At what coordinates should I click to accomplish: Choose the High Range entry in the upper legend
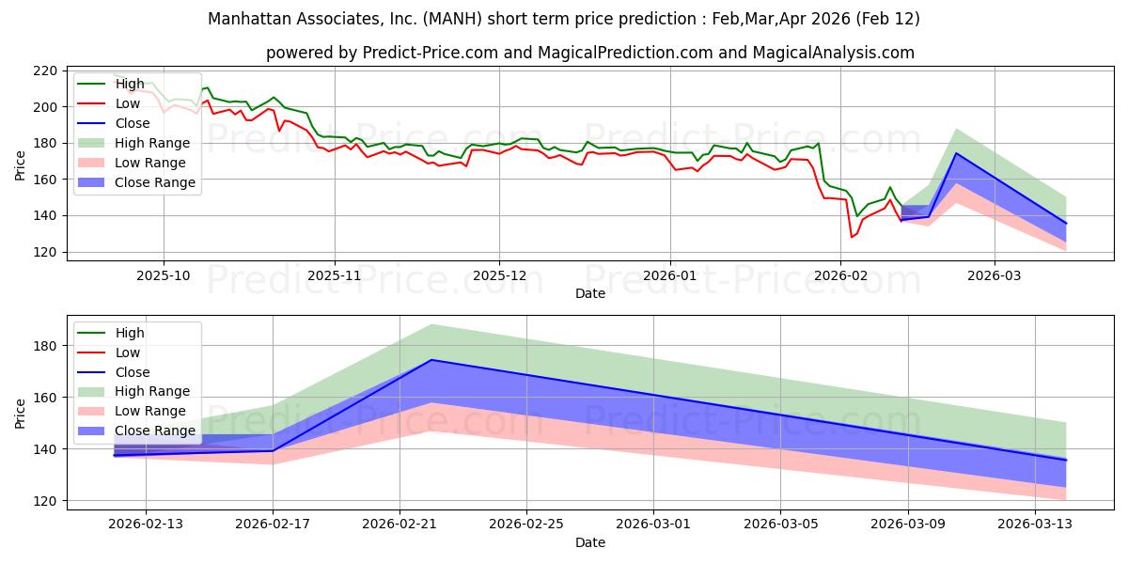152,143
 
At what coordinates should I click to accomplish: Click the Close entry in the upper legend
133,123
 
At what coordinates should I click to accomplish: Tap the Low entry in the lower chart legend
128,352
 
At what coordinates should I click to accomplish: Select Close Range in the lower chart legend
155,431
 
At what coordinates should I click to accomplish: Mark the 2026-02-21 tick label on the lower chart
399,525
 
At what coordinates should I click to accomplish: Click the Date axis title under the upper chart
590,293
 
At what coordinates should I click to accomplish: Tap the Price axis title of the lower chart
20,413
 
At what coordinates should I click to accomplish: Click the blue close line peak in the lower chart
431,360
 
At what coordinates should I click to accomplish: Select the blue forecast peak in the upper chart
956,153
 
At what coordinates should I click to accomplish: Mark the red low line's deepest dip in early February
852,237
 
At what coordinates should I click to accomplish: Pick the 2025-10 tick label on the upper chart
164,275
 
